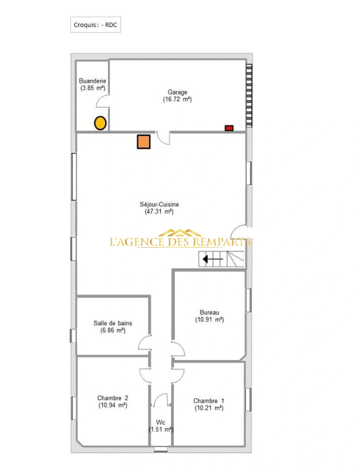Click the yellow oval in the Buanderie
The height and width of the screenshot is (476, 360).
click(100, 123)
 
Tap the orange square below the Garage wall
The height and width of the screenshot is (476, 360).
click(144, 141)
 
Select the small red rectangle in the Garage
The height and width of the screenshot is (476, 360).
click(229, 128)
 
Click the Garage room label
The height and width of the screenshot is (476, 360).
click(177, 92)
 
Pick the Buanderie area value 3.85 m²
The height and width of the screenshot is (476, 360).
click(93, 88)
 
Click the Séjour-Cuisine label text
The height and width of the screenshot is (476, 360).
click(159, 205)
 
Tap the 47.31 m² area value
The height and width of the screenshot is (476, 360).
click(159, 212)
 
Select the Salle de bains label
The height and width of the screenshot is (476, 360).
click(113, 323)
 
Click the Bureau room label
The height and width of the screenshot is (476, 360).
click(209, 312)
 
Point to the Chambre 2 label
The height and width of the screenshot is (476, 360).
click(112, 398)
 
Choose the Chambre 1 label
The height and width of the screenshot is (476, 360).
click(209, 401)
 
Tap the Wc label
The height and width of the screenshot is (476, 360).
click(161, 422)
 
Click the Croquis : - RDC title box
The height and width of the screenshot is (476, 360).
click(95, 25)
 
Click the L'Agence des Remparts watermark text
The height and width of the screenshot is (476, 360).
click(180, 242)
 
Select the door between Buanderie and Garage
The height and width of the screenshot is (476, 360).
click(103, 101)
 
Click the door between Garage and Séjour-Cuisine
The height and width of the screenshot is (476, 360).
click(163, 137)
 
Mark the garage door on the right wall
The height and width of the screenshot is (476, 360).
click(249, 95)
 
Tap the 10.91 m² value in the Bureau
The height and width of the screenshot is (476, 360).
click(209, 320)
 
